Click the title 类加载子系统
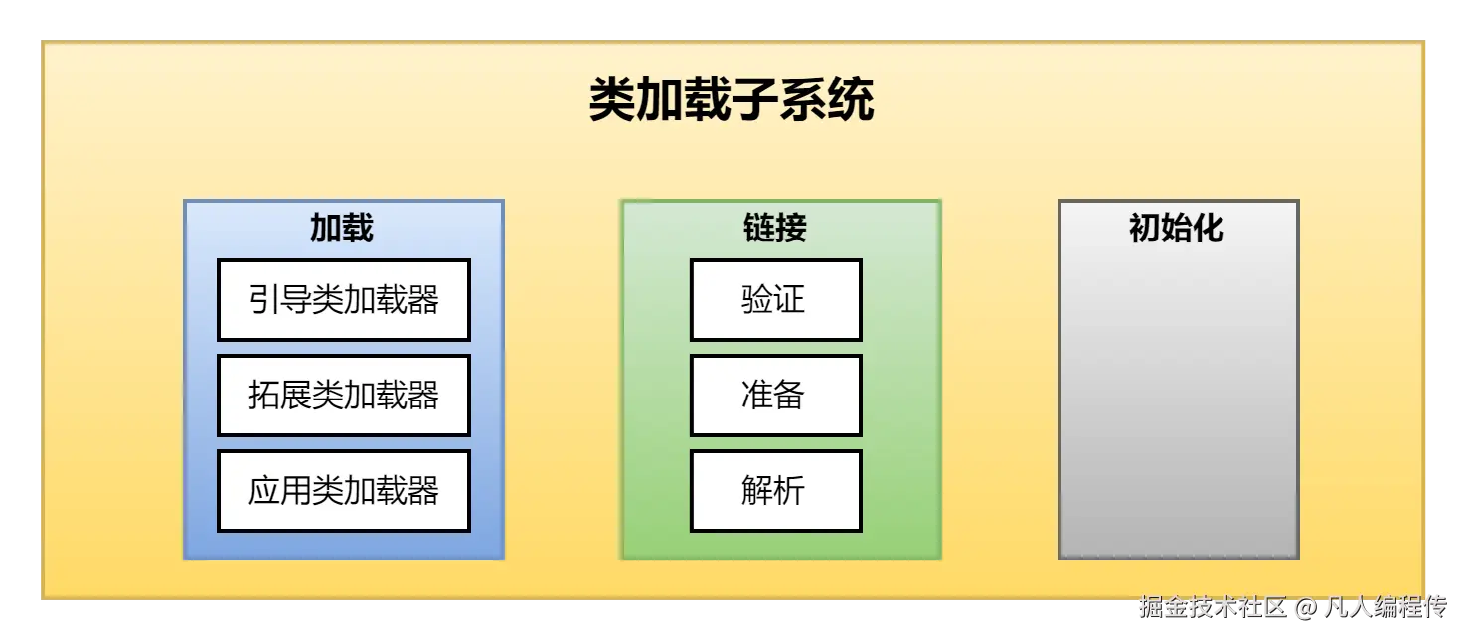pos(732,100)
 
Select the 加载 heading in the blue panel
pos(342,229)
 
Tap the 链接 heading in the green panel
pos(775,229)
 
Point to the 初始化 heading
pos(1177,229)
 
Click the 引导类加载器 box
pos(344,300)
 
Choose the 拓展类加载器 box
pos(344,396)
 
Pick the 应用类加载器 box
pos(344,491)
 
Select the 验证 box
pos(775,300)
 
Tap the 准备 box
pos(775,396)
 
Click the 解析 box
pos(775,491)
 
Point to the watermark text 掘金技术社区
pos(1213,607)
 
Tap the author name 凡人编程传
pos(1385,607)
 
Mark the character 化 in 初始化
pos(1209,229)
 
